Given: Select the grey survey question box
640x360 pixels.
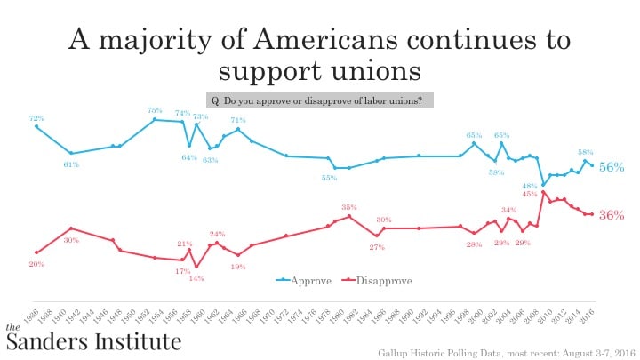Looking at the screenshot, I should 320,100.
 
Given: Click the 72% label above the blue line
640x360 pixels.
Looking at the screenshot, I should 36,118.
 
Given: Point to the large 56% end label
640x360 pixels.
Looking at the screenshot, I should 611,167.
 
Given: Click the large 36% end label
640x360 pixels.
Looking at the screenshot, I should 611,215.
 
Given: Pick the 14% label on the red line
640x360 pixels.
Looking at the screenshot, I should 196,278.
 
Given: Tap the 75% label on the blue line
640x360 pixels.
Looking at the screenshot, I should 155,110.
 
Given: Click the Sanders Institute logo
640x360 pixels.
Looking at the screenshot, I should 93,339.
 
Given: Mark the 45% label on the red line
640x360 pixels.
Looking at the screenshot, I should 529,194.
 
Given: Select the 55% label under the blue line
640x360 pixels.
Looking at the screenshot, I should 329,178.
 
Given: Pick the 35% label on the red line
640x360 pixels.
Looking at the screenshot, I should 349,207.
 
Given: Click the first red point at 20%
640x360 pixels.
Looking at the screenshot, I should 36,252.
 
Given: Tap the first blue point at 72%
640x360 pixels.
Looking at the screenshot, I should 36,126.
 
